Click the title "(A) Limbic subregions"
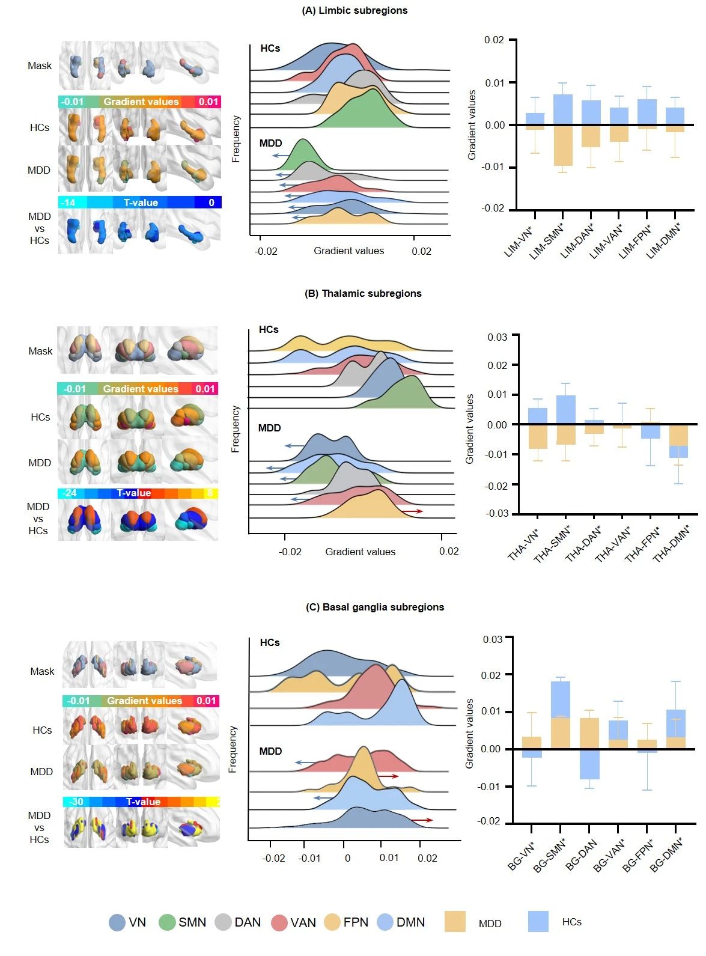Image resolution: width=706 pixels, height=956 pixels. click(x=355, y=10)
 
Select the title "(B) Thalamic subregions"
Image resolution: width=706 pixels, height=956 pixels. click(x=363, y=293)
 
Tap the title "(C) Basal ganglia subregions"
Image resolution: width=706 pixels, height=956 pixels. click(x=375, y=607)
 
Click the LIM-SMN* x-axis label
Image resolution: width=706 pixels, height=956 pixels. click(x=546, y=242)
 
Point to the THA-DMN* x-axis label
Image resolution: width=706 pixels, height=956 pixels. click(x=671, y=544)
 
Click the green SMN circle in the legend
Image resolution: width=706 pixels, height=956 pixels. click(x=167, y=922)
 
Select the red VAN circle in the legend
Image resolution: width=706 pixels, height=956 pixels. click(x=279, y=922)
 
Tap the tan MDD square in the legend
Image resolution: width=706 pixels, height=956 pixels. click(x=455, y=922)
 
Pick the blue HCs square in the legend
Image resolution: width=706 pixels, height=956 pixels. click(x=538, y=922)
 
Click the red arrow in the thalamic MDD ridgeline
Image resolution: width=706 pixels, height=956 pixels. click(x=412, y=511)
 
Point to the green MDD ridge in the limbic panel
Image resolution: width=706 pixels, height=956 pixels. click(x=304, y=156)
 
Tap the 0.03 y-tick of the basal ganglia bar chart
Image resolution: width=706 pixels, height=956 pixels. click(x=493, y=639)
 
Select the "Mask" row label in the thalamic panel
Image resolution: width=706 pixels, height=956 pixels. click(x=40, y=351)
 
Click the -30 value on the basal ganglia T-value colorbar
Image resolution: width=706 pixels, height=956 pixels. click(x=76, y=802)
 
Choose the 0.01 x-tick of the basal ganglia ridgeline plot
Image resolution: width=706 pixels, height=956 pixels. click(x=389, y=858)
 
